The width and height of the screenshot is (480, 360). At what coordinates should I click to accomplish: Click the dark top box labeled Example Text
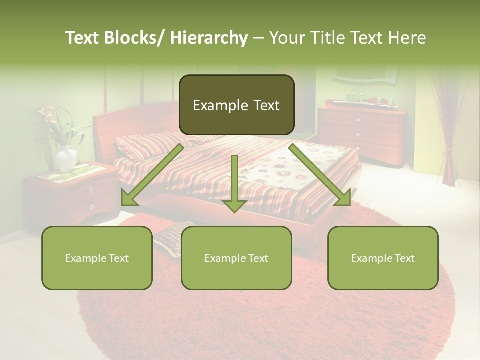pyautogui.click(x=236, y=105)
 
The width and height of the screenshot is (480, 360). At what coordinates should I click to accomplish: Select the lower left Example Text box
pyautogui.click(x=97, y=258)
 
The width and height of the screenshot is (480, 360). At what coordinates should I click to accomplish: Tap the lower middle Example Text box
pyautogui.click(x=236, y=258)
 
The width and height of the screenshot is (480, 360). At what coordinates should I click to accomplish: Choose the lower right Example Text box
pyautogui.click(x=383, y=258)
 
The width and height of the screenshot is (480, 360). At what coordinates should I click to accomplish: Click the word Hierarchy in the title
pyautogui.click(x=209, y=38)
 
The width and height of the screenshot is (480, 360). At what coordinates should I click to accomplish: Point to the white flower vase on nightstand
pyautogui.click(x=66, y=159)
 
